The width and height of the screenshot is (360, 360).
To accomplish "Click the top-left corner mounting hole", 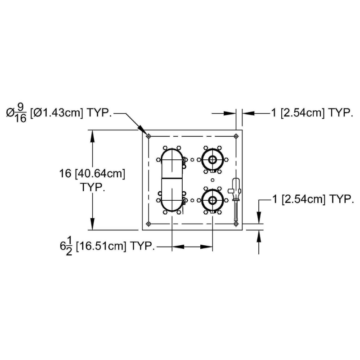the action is (148, 136).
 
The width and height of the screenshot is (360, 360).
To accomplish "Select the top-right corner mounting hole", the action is (236, 136).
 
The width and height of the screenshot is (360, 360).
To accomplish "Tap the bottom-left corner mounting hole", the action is (148, 224).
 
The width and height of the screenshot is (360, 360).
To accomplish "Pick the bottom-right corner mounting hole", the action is (236, 224).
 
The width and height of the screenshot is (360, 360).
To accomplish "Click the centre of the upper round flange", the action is (212, 160).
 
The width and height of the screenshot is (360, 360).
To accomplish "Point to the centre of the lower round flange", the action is (212, 200).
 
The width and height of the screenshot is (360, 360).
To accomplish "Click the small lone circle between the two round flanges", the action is (212, 180).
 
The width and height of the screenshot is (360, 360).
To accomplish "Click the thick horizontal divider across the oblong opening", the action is (172, 178).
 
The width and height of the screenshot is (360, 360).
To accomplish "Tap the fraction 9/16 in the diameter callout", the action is (21, 113).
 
